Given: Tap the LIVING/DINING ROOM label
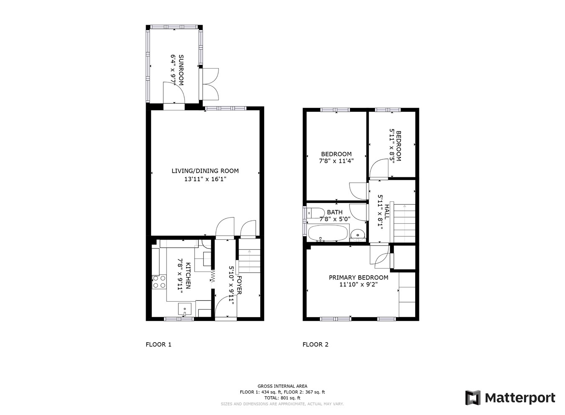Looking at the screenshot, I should (x=205, y=171).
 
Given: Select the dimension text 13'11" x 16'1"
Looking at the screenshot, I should (x=205, y=179).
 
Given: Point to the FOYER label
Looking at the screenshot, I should (x=239, y=284).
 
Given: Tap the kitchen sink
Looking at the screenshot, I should (x=185, y=310).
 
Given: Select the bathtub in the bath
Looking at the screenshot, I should (x=328, y=233).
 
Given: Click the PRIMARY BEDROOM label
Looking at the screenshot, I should (x=358, y=277).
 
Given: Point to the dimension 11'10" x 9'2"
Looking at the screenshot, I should (x=358, y=285).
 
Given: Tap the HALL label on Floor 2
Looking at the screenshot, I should (x=387, y=212).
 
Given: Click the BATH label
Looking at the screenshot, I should (x=335, y=212).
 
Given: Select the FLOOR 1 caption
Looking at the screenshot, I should (x=158, y=345).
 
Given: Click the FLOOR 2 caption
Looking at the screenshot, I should (x=315, y=345).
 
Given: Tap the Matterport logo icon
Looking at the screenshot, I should (x=473, y=397).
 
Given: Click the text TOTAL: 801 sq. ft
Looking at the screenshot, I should (x=282, y=398).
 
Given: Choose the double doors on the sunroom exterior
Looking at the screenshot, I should (x=210, y=83).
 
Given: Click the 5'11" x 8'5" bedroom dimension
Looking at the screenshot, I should (x=392, y=146).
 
